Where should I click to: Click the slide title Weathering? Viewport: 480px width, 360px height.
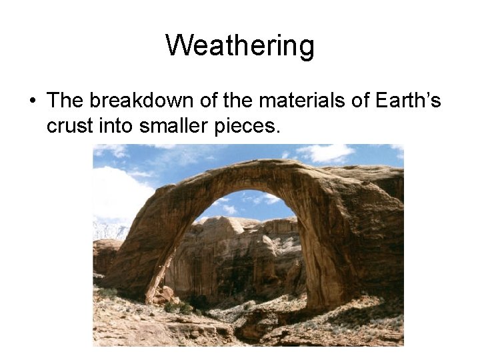pyautogui.click(x=240, y=46)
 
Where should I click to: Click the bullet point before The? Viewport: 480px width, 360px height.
pyautogui.click(x=32, y=101)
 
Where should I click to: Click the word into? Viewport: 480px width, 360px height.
pyautogui.click(x=119, y=125)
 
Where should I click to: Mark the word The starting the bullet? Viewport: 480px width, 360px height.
pyautogui.click(x=65, y=101)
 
